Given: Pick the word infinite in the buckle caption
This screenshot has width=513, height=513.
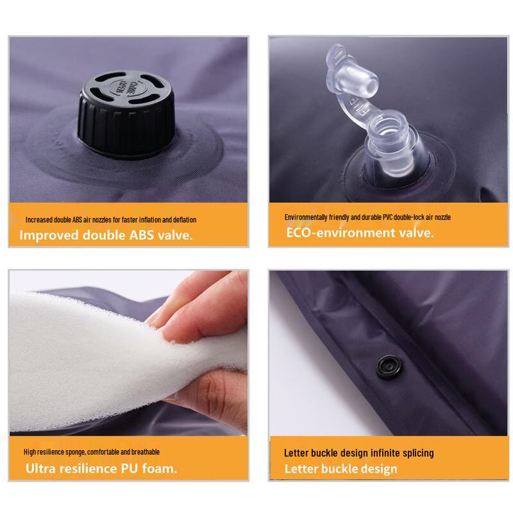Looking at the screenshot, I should pos(383,453).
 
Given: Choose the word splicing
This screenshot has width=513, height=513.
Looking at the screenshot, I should pos(417,453).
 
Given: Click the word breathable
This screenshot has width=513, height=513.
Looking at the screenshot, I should pos(145,452).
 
